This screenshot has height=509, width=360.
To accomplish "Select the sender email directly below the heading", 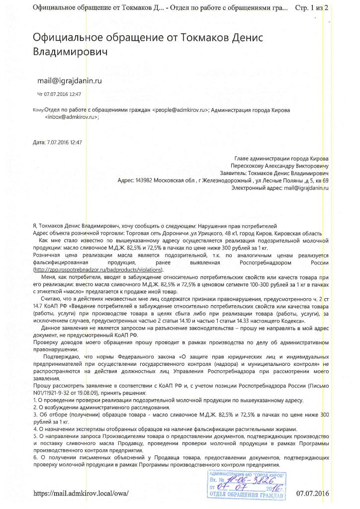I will [70, 80].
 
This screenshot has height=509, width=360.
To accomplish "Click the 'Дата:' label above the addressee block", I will [39, 142].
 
